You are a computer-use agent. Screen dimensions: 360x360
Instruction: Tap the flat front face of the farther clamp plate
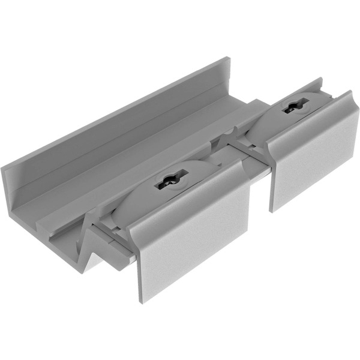tap(315, 159)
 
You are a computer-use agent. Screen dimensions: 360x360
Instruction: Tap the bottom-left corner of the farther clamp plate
tap(272, 211)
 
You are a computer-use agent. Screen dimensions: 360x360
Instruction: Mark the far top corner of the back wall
tap(229, 58)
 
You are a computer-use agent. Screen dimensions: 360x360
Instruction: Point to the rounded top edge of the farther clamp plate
tap(306, 120)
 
